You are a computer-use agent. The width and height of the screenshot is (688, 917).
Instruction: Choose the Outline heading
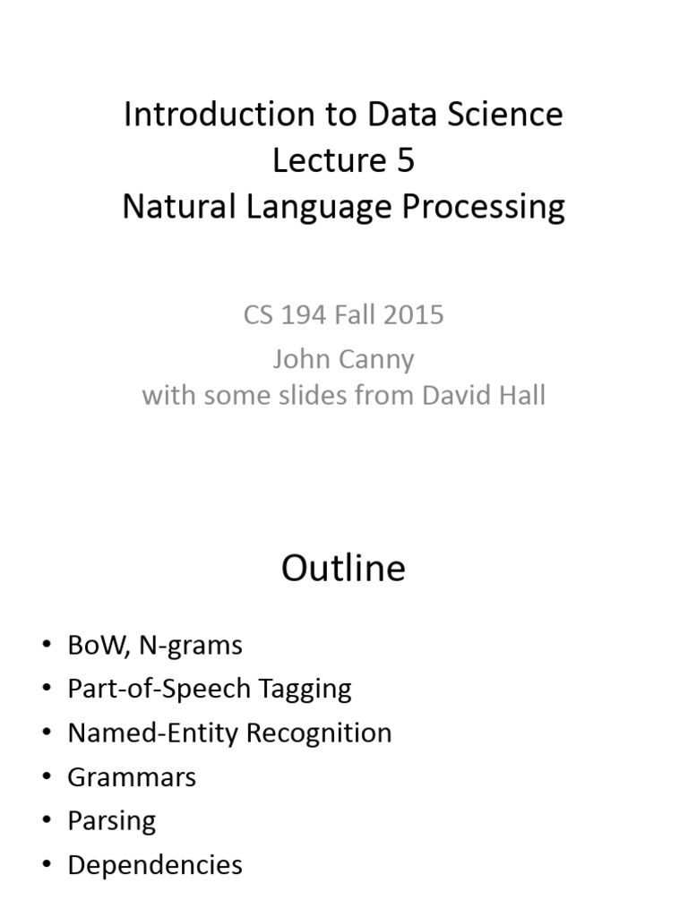pyautogui.click(x=343, y=569)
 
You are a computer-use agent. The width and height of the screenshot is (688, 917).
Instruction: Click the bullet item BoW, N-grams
pyautogui.click(x=154, y=645)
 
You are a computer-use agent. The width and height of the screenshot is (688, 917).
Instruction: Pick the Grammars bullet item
pyautogui.click(x=132, y=776)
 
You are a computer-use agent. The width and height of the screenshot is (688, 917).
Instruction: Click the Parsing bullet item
pyautogui.click(x=111, y=820)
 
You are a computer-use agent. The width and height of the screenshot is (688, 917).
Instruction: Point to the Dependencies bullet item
pyautogui.click(x=155, y=864)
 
